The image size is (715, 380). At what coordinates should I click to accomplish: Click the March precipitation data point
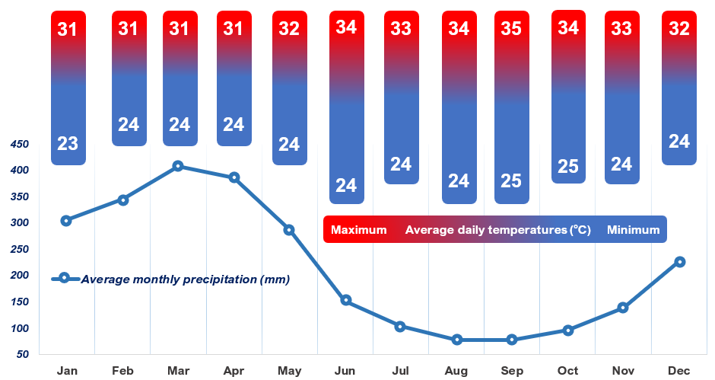[x=178, y=166]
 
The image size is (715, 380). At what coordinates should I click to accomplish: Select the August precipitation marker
[x=457, y=340]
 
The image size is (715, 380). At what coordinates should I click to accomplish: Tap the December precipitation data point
[x=680, y=262]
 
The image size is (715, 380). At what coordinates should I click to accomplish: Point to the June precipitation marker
[x=346, y=300]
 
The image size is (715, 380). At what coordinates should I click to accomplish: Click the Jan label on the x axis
[x=68, y=371]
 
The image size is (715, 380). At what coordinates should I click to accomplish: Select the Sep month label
[x=512, y=371]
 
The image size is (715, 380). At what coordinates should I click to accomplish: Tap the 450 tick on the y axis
[x=18, y=145]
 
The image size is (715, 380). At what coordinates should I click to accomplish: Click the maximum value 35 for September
[x=512, y=29]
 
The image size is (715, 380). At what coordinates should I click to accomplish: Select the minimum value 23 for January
[x=68, y=143]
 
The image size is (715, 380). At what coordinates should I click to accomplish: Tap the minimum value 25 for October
[x=568, y=167]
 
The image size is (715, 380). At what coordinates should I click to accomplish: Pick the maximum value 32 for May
[x=290, y=29]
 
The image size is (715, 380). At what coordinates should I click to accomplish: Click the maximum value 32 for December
[x=679, y=29]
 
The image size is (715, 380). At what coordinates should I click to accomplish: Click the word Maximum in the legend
[x=358, y=230]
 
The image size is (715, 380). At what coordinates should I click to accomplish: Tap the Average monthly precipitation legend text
[x=185, y=279]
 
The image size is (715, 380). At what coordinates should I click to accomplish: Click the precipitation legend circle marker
[x=65, y=279]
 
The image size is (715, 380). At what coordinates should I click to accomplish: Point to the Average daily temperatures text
[x=498, y=230]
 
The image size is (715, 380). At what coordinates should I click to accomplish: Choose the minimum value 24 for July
[x=401, y=164]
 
